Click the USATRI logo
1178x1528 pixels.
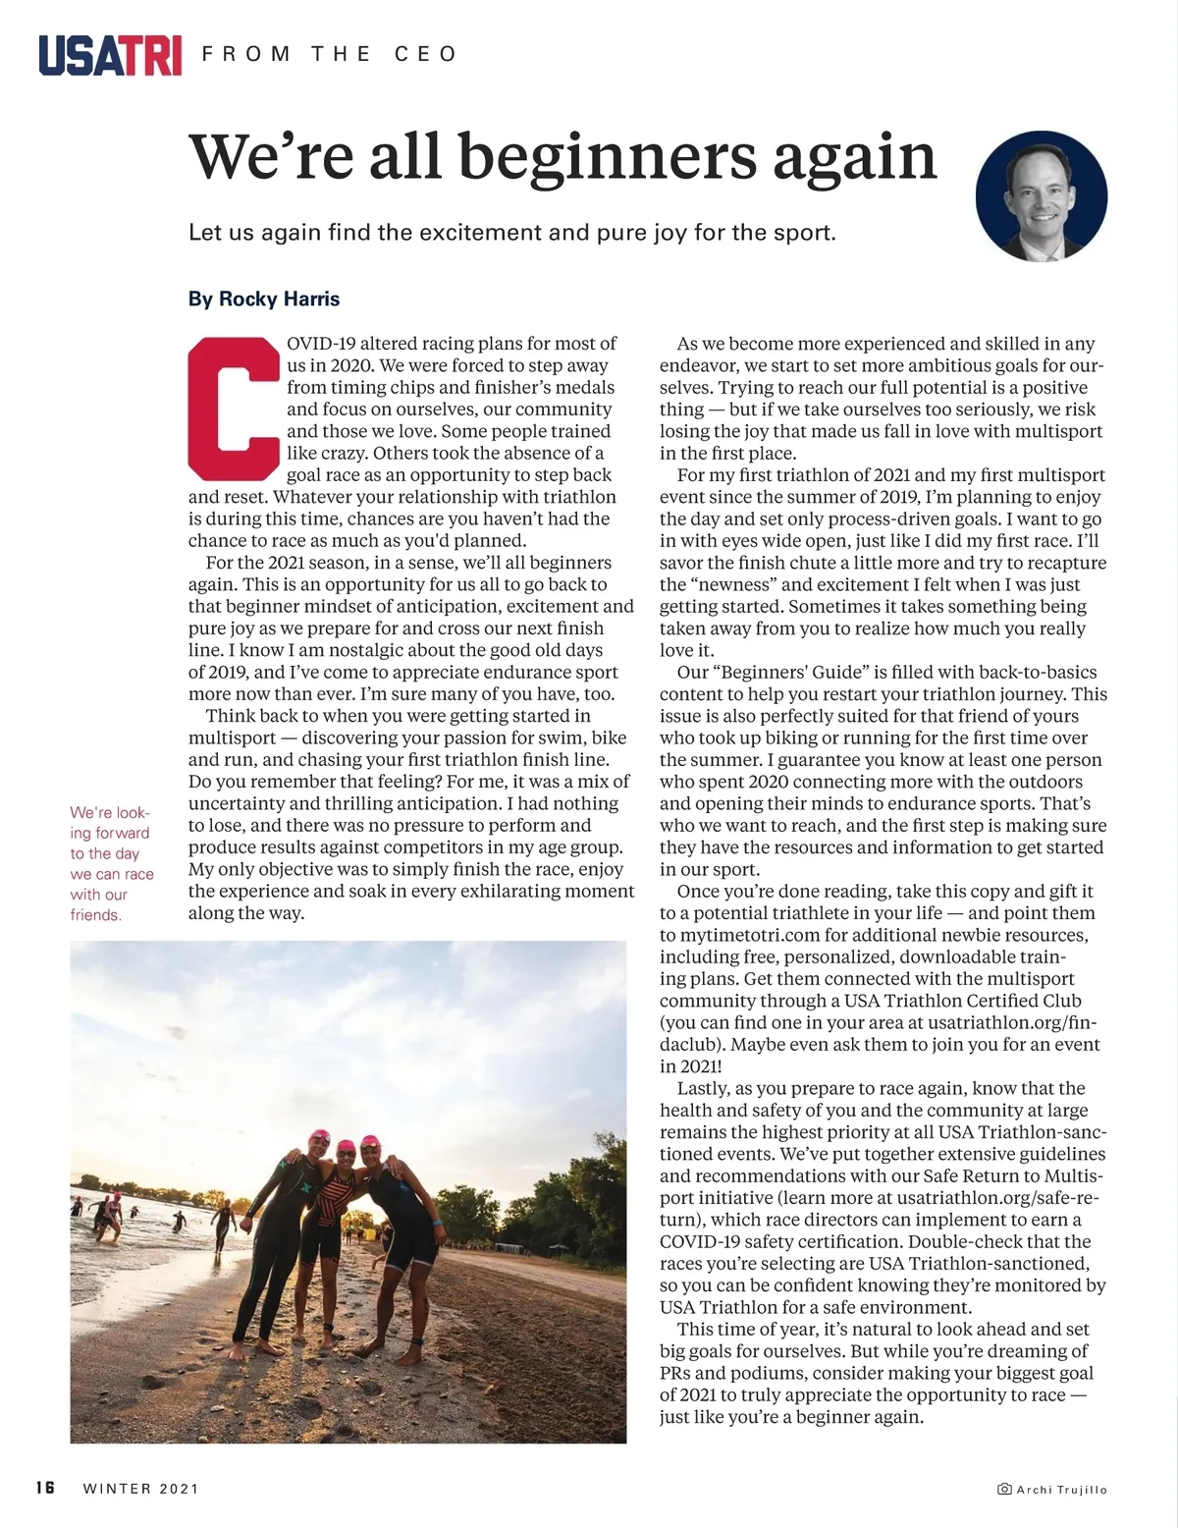point(110,55)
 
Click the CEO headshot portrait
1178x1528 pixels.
point(1041,196)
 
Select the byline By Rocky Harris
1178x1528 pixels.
point(264,299)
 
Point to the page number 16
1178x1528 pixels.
point(45,1488)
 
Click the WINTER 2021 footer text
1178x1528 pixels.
point(141,1489)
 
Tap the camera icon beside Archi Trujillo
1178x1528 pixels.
point(1004,1490)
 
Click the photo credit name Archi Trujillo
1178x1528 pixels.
point(1061,1490)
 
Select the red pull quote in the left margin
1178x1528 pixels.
point(111,863)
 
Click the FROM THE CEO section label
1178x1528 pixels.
point(329,54)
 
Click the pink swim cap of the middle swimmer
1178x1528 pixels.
point(346,1146)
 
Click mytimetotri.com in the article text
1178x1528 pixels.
point(746,935)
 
